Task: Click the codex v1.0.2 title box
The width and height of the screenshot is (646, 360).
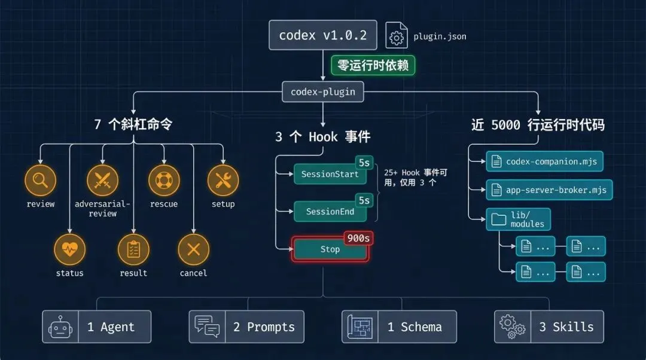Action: pyautogui.click(x=322, y=35)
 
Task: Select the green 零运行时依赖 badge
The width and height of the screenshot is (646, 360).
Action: pyautogui.click(x=373, y=65)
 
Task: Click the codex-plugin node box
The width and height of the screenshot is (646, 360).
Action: pyautogui.click(x=322, y=91)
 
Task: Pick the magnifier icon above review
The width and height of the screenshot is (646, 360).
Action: pyautogui.click(x=41, y=181)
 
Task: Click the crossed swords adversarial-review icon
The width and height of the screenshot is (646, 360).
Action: pyautogui.click(x=102, y=181)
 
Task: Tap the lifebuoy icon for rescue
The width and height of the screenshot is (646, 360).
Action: pyautogui.click(x=164, y=181)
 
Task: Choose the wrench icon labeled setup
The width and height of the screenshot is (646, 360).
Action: pyautogui.click(x=223, y=181)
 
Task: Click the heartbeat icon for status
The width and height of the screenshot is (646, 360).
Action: pyautogui.click(x=70, y=249)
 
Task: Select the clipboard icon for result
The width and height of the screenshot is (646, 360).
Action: pyautogui.click(x=133, y=249)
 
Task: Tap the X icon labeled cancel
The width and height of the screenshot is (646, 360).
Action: pyautogui.click(x=193, y=249)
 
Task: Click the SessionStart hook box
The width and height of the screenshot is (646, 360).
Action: pyautogui.click(x=330, y=174)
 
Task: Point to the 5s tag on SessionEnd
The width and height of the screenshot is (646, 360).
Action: pyautogui.click(x=364, y=199)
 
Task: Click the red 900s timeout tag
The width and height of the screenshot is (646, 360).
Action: pyautogui.click(x=358, y=238)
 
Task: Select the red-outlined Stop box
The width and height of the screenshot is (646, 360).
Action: pyautogui.click(x=330, y=249)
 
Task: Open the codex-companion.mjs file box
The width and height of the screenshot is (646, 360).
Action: pyautogui.click(x=544, y=161)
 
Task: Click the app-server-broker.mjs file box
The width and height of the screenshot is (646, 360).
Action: pyautogui.click(x=549, y=190)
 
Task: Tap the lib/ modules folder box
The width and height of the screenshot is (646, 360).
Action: pyautogui.click(x=518, y=219)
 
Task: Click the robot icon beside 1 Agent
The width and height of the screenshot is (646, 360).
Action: pyautogui.click(x=60, y=327)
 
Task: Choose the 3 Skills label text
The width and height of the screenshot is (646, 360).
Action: pyautogui.click(x=566, y=327)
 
